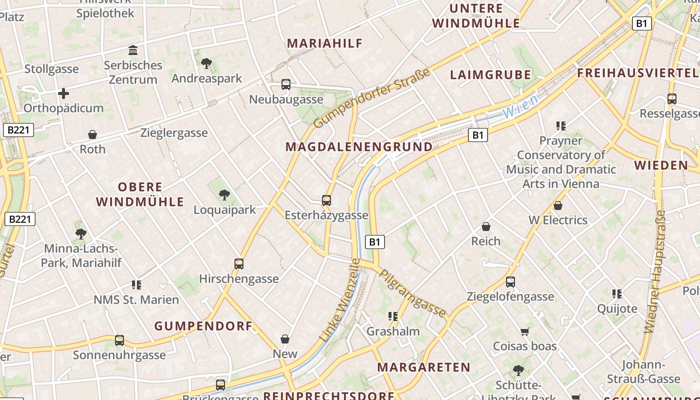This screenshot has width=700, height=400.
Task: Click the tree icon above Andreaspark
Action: click(206, 63)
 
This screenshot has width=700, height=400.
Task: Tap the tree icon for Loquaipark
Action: click(224, 195)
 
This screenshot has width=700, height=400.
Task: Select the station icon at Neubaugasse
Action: click(286, 84)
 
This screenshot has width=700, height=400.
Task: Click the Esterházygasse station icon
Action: click(326, 200)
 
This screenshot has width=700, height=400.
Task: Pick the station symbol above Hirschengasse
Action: click(239, 263)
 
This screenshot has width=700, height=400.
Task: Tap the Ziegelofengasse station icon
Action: click(510, 282)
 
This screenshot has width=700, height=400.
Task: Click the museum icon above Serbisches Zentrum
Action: click(133, 50)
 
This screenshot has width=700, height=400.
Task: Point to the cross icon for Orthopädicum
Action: click(63, 93)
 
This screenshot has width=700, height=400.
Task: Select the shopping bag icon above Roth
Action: click(92, 134)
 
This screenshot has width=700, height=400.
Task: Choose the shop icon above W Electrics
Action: click(558, 205)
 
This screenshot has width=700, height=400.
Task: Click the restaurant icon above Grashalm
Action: click(393, 316)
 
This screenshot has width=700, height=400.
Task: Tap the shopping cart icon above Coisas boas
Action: click(524, 331)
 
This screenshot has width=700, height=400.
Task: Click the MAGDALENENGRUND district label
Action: click(359, 147)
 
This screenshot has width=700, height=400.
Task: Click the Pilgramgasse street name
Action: click(412, 293)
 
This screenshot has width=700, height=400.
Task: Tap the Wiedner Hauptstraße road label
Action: click(655, 272)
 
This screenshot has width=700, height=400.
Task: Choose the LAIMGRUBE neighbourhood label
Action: click(490, 75)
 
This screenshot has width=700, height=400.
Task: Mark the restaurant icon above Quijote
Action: click(617, 294)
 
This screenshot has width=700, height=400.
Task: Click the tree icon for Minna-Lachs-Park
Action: click(81, 233)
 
